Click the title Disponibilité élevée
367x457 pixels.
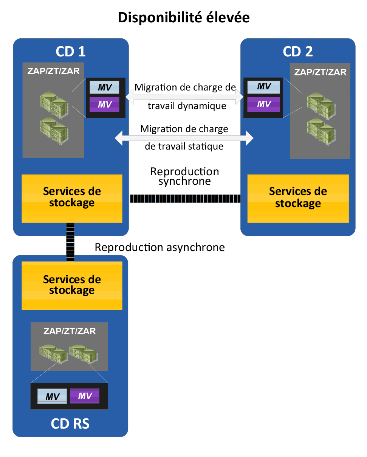[x=184, y=17]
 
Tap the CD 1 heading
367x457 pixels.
[x=71, y=51]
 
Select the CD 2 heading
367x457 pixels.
[x=298, y=51]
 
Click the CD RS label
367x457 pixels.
[x=70, y=424]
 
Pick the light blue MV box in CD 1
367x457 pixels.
[x=105, y=87]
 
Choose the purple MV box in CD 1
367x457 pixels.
[x=105, y=104]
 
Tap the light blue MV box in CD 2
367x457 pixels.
[x=264, y=87]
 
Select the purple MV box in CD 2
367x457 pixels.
[x=264, y=104]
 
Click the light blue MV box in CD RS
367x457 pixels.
[x=52, y=396]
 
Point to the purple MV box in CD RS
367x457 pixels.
[x=85, y=396]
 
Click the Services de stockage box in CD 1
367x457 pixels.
[x=72, y=198]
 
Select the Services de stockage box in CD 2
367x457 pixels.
[x=298, y=198]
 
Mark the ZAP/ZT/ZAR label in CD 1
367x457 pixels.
[x=53, y=71]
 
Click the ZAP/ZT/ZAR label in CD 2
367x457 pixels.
[x=320, y=72]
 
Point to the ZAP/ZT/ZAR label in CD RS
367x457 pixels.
[x=70, y=331]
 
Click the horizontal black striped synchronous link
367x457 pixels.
[x=185, y=198]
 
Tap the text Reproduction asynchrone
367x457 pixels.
[x=159, y=247]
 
